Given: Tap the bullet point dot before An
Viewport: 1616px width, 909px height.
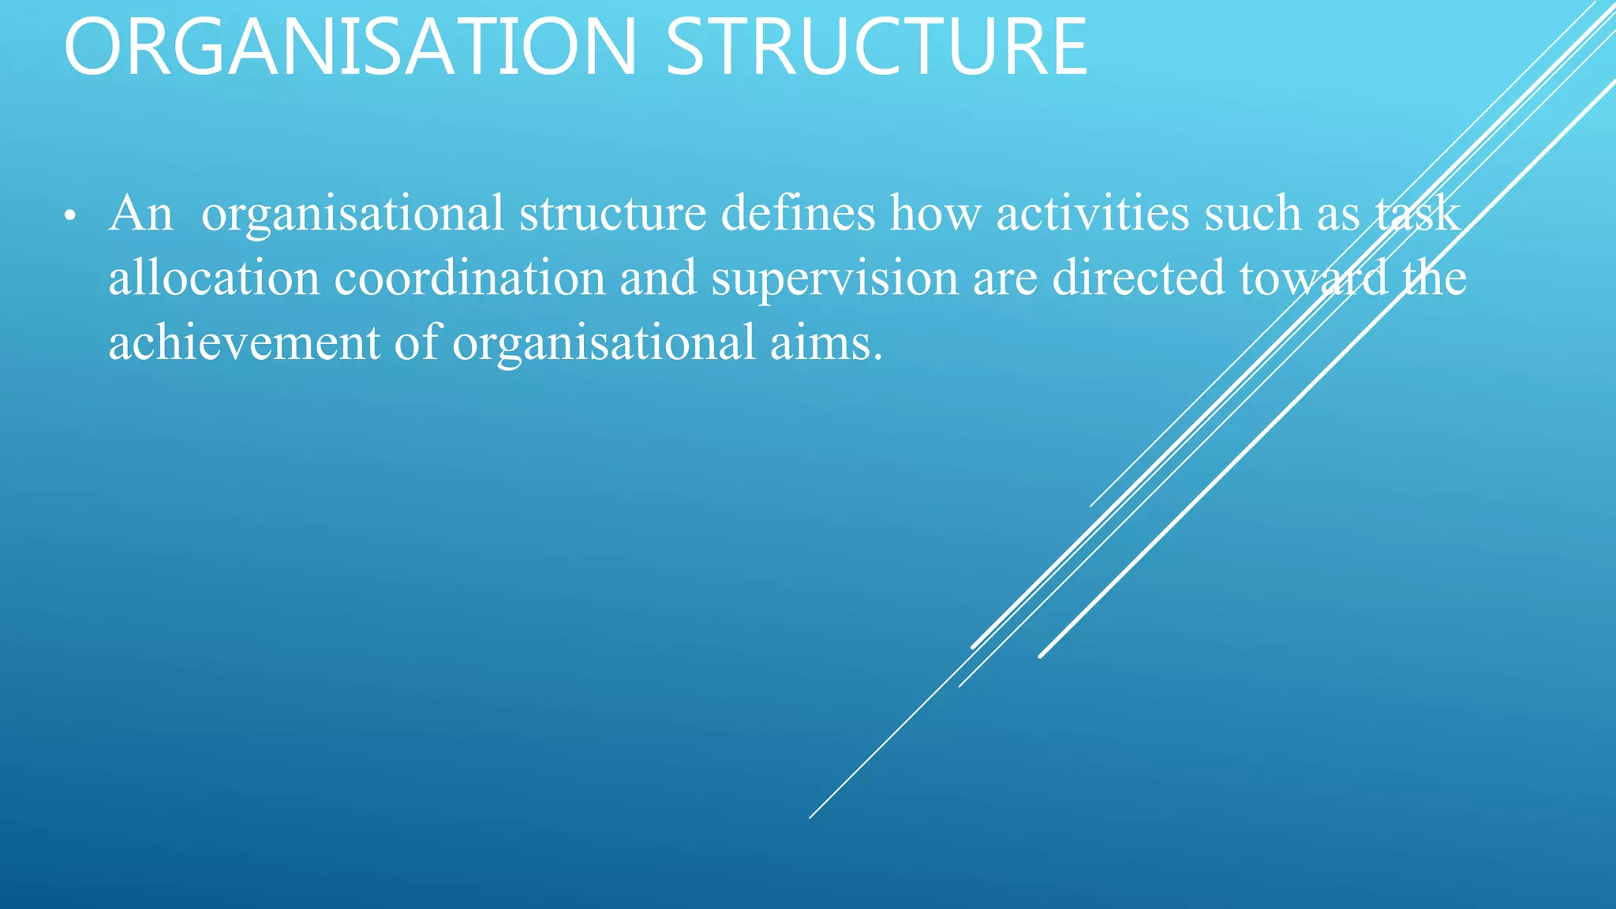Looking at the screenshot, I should click(70, 215).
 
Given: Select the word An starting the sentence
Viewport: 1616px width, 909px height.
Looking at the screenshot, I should click(140, 214).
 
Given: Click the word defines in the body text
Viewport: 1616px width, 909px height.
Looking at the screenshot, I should click(798, 214).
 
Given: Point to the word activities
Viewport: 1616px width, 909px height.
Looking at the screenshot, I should click(1093, 214).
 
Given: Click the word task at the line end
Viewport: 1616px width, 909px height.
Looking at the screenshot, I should click(1417, 214).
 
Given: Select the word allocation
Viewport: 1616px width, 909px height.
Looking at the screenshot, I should click(214, 279).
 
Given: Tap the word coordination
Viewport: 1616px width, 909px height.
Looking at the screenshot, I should click(469, 279).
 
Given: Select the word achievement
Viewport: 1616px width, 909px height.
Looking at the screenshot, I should click(244, 343).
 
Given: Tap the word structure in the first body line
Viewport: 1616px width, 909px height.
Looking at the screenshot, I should click(612, 214).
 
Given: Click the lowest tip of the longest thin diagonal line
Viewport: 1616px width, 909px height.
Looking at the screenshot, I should click(810, 817).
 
